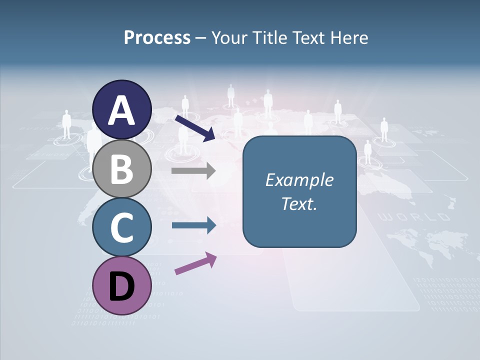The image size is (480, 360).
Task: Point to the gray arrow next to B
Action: [193, 171]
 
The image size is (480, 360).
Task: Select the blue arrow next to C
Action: [193, 225]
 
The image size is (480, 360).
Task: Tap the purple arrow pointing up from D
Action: [195, 263]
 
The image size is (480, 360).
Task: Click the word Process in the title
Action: [157, 38]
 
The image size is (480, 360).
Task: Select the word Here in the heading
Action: [350, 38]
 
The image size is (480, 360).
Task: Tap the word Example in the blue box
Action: [299, 180]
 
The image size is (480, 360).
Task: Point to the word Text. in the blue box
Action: [299, 203]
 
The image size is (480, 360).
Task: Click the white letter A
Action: [122, 110]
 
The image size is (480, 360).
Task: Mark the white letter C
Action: [122, 228]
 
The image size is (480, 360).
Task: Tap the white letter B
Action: [122, 169]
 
